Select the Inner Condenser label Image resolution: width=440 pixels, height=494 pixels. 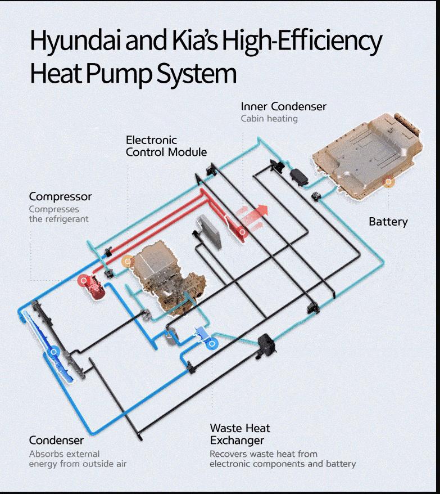click(283, 106)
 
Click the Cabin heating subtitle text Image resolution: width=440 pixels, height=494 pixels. click(269, 119)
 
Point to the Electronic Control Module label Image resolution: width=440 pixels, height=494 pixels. click(166, 146)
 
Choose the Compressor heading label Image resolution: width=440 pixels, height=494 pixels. click(60, 197)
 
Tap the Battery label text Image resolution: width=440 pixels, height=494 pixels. click(388, 222)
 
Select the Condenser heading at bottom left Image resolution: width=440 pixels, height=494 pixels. click(56, 440)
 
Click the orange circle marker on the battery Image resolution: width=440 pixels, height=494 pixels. click(388, 181)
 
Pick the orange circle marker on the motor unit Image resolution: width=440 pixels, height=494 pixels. click(128, 261)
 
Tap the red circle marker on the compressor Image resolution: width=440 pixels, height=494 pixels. click(84, 280)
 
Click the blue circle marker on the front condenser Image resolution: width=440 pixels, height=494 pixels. click(54, 352)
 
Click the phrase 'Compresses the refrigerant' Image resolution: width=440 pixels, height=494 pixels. click(58, 214)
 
